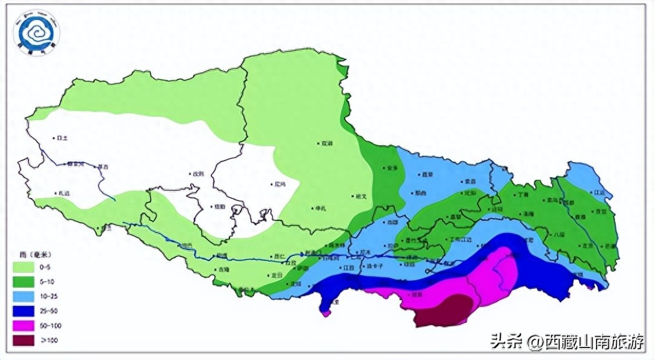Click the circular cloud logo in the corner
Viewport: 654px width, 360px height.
38,32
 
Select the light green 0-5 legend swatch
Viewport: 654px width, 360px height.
25,267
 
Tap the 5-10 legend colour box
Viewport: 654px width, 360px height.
25,281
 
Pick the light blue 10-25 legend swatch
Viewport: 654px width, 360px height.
25,296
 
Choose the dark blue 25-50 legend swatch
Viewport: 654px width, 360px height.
25,311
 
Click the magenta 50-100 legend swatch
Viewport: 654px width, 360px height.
25,326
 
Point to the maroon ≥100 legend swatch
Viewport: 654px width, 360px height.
25,341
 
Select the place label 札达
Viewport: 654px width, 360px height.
64,194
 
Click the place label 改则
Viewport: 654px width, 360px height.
197,174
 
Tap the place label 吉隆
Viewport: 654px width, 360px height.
223,269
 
